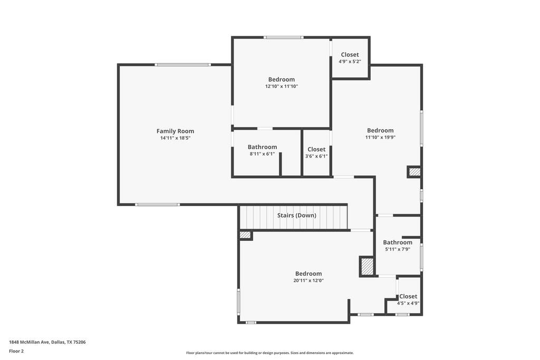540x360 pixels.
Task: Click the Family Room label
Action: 175,131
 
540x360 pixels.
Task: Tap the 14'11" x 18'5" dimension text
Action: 175,138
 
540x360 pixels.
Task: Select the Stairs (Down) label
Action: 296,216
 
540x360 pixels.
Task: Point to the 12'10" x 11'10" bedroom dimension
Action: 282,86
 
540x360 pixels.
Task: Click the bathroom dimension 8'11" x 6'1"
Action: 263,154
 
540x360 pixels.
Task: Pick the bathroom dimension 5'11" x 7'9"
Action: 398,249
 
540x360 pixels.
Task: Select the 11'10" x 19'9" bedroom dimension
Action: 380,138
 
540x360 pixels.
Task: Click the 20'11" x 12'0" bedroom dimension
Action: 308,280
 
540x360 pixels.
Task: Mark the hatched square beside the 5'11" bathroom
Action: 367,266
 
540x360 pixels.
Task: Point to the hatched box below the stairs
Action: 245,235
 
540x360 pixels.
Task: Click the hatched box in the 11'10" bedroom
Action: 414,172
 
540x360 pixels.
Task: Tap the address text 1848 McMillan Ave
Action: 30,342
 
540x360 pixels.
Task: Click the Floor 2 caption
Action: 16,351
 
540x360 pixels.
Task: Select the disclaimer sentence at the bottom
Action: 269,353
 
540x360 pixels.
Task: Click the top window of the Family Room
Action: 182,65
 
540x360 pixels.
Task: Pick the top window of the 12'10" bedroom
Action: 284,37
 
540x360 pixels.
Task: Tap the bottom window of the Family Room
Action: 157,205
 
